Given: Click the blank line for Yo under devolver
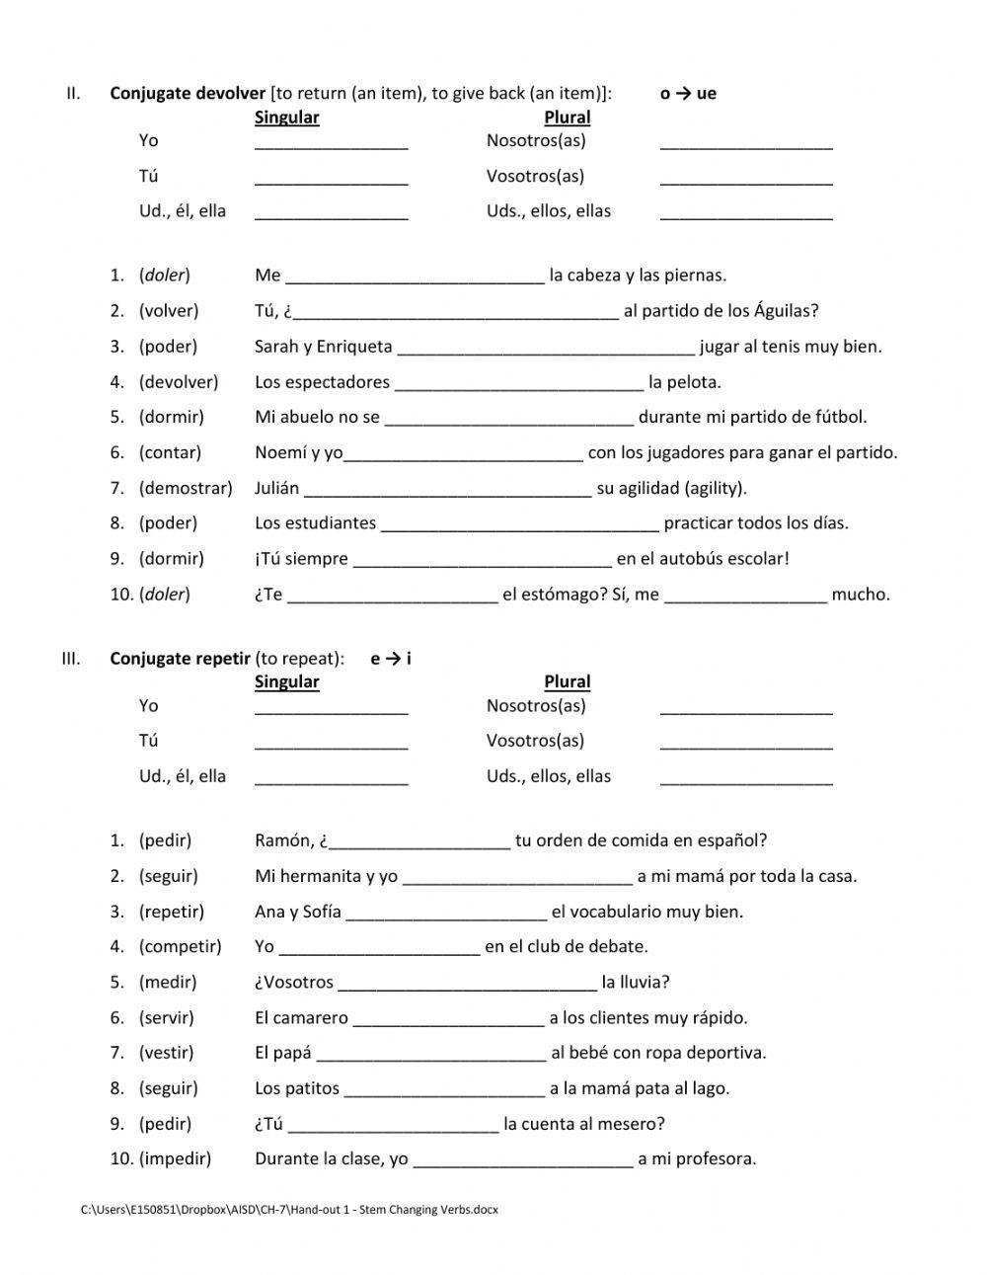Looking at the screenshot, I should coord(331,144).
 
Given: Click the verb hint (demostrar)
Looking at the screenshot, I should coord(186,488).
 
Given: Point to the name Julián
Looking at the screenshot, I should coord(276,488).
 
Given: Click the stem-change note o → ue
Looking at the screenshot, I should coord(688,94).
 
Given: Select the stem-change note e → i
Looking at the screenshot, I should coord(391,659).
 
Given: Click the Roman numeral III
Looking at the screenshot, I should coord(71,659).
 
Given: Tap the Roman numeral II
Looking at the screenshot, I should coord(73,94).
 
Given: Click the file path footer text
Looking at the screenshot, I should coord(289,1210).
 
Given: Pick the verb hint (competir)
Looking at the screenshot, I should coord(180,946).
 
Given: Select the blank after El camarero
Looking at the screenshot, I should coord(448,1021).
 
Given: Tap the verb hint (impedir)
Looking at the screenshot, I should coord(175,1158).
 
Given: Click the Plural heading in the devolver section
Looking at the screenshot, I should coord(567,118).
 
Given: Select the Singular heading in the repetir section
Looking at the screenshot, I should coord(286,681).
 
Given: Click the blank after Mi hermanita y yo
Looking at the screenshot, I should coord(517,880).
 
